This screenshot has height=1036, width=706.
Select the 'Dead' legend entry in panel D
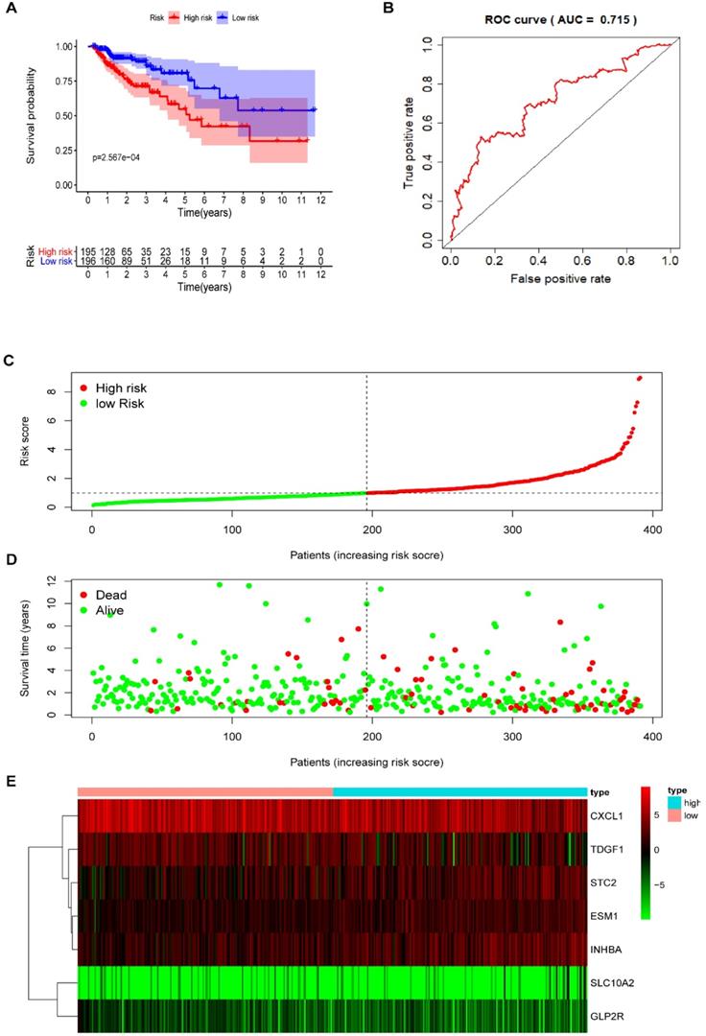tap(106, 595)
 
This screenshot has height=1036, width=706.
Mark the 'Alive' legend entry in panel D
tap(106, 610)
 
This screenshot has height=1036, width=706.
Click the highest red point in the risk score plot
tap(640, 378)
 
